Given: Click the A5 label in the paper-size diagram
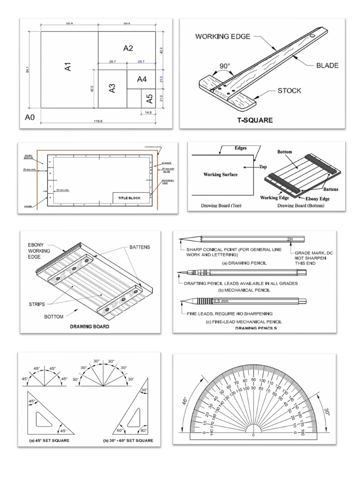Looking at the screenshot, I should click(149, 98).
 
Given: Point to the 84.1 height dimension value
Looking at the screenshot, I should click(29, 68).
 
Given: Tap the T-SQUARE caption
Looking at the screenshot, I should click(255, 120).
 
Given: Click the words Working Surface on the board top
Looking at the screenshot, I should click(220, 174).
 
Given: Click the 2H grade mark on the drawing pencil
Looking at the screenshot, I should click(289, 239).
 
